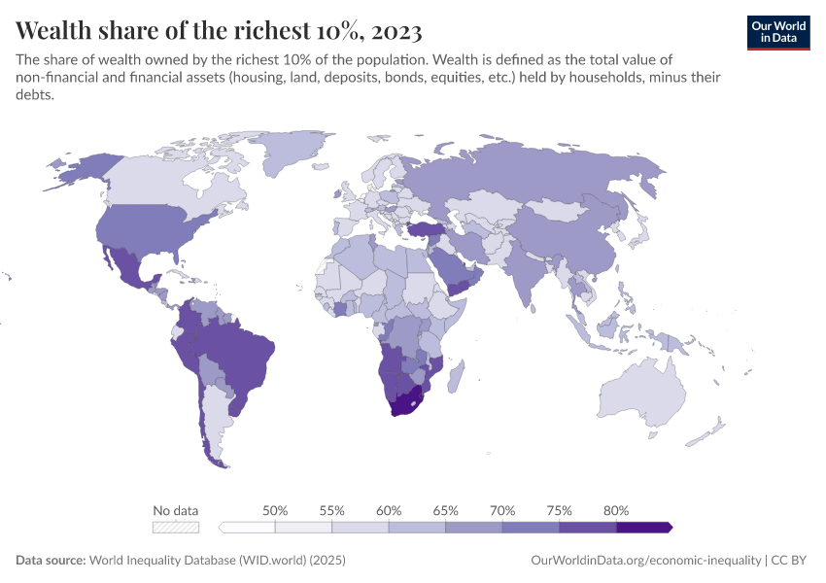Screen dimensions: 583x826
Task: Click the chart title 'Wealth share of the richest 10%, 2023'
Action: pyautogui.click(x=220, y=28)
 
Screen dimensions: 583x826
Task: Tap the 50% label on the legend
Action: pyautogui.click(x=275, y=510)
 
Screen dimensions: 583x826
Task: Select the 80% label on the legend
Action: pyautogui.click(x=616, y=510)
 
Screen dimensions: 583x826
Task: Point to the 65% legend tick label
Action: pyautogui.click(x=445, y=510)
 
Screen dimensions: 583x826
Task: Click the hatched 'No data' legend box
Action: pyautogui.click(x=176, y=528)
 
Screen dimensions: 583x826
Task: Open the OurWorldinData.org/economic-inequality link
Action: pyautogui.click(x=646, y=561)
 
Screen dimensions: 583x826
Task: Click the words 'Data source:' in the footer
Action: pyautogui.click(x=51, y=561)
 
